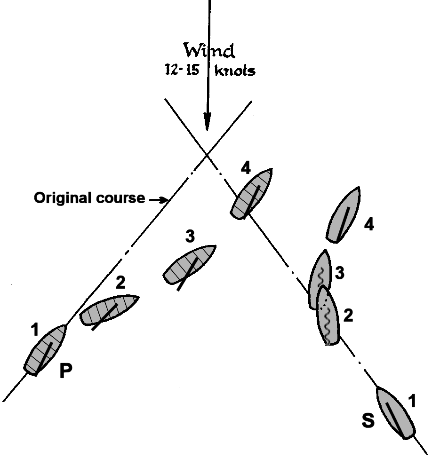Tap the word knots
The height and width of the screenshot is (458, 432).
(235, 71)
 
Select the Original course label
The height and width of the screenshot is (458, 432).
(89, 198)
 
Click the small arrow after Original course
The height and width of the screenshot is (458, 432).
(159, 200)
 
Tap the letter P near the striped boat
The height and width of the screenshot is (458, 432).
(66, 371)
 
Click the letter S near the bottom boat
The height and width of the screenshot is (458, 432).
(368, 421)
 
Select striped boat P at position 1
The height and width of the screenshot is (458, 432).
(46, 350)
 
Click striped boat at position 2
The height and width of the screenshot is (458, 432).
(109, 310)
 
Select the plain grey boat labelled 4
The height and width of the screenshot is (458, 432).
(344, 214)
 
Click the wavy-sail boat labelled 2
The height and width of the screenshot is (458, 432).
(328, 316)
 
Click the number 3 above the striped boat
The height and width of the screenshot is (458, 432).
(190, 237)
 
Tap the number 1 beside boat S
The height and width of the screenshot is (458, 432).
(411, 401)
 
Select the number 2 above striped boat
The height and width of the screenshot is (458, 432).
(120, 283)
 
